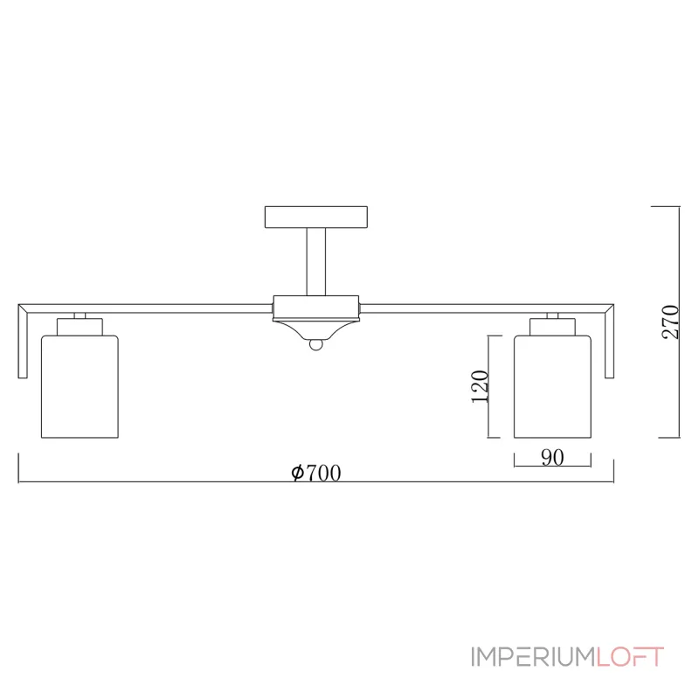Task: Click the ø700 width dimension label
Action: (315, 473)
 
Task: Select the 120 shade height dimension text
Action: (479, 386)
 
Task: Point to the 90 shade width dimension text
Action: (551, 457)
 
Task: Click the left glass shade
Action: (80, 385)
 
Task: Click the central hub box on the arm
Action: (315, 306)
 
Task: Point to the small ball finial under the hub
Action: (315, 347)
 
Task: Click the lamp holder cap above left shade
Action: (80, 327)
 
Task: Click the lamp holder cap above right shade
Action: (552, 327)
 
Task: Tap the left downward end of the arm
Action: (22, 345)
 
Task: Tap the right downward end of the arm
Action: (612, 345)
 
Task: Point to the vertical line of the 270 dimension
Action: (679, 323)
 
